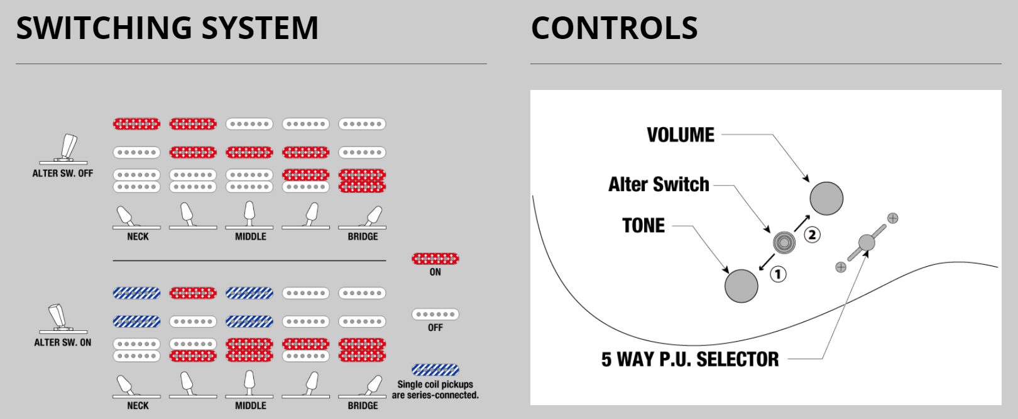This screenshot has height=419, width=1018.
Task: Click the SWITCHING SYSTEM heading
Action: point(167,28)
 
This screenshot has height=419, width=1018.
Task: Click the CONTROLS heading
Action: point(614,28)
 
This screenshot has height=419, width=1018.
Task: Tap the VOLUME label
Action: point(681,135)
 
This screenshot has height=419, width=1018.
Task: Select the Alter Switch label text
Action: point(659,184)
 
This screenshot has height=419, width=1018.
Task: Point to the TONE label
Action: point(643,225)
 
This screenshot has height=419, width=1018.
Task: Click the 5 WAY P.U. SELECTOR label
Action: point(690,359)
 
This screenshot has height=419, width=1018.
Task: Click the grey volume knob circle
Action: point(826,198)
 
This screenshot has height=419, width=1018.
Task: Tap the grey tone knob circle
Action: point(742,286)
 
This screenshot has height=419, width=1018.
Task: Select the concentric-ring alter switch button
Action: point(784,242)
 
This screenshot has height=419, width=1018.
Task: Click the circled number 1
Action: point(778,274)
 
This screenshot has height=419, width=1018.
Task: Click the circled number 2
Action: point(813,235)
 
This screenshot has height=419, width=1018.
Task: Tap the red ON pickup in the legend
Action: point(435,259)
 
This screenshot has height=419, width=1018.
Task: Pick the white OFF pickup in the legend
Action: point(435,314)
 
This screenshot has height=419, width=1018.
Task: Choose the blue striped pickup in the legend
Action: point(435,370)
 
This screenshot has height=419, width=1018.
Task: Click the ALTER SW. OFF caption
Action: point(63,174)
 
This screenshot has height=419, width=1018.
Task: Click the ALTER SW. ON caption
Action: point(63,343)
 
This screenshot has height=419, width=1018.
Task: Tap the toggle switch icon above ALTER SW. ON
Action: point(61,318)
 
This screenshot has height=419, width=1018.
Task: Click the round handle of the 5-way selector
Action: point(867,242)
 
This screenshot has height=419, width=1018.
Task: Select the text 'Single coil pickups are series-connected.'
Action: point(435,390)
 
